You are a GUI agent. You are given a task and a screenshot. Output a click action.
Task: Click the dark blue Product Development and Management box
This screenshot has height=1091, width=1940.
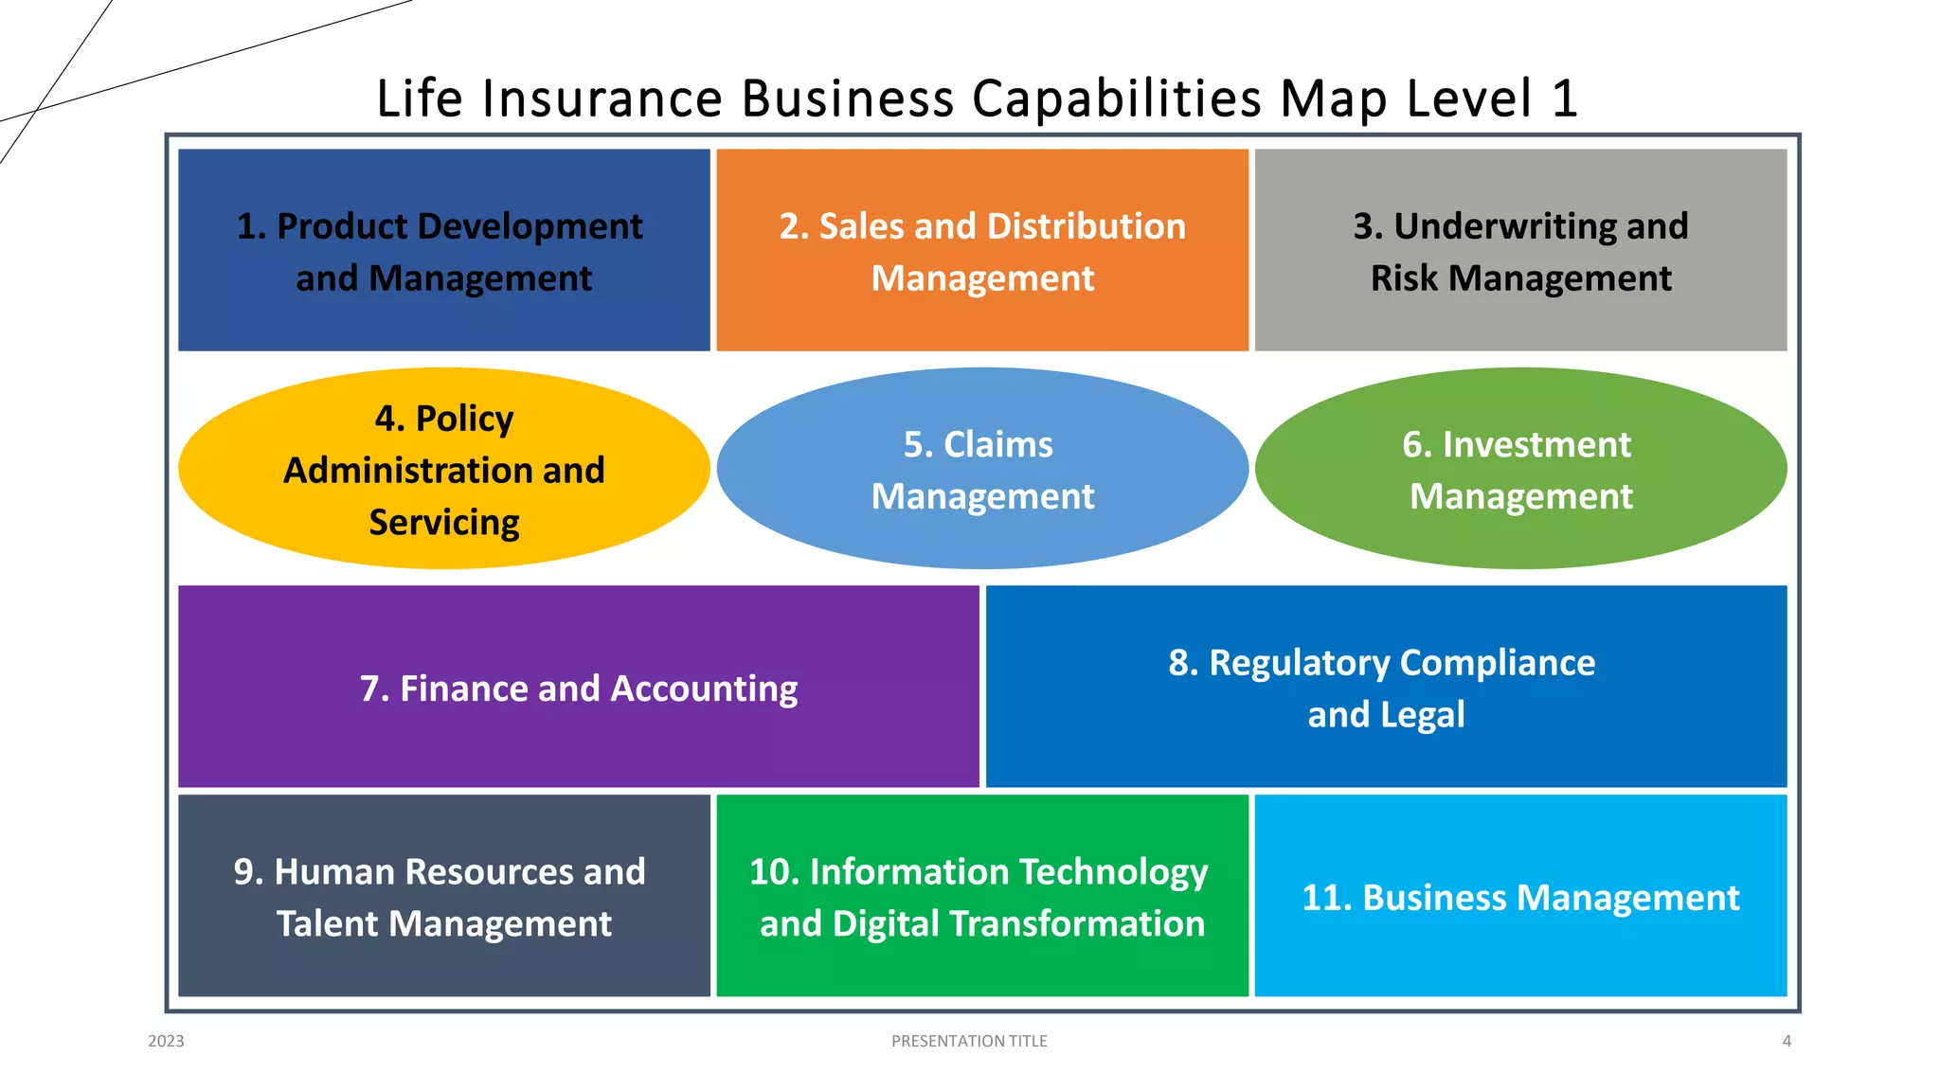[443, 250]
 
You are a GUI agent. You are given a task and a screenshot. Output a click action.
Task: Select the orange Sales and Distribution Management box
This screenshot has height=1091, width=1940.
[982, 250]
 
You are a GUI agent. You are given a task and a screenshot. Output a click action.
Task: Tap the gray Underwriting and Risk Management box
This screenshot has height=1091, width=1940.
[1520, 250]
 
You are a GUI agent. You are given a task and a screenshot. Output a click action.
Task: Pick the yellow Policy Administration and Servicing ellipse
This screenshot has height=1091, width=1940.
[443, 469]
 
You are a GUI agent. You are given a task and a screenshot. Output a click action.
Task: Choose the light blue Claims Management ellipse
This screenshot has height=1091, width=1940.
[982, 469]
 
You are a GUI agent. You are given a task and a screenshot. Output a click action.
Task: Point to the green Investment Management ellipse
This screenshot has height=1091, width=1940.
[1520, 469]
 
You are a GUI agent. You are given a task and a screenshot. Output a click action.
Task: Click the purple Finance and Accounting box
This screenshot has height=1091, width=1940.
[578, 687]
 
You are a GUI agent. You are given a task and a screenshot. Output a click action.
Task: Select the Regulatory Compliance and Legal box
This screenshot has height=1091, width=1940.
[1386, 687]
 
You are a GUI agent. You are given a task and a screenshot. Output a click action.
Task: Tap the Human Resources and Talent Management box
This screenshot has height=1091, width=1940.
[443, 896]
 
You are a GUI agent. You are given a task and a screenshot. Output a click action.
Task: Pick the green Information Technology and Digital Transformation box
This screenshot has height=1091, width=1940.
[982, 896]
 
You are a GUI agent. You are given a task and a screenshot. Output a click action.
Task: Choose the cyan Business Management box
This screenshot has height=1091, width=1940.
[1520, 896]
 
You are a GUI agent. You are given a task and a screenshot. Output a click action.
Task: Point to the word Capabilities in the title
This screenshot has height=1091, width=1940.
[1118, 98]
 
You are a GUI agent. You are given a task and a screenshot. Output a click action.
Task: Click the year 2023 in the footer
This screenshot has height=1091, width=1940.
[166, 1041]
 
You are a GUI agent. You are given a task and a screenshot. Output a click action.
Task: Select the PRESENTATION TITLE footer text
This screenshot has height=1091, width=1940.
[969, 1041]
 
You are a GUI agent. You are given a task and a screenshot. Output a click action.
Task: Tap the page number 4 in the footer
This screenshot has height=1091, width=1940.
[1787, 1041]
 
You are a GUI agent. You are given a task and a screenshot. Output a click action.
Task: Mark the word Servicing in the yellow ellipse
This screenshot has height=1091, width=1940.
[444, 522]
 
